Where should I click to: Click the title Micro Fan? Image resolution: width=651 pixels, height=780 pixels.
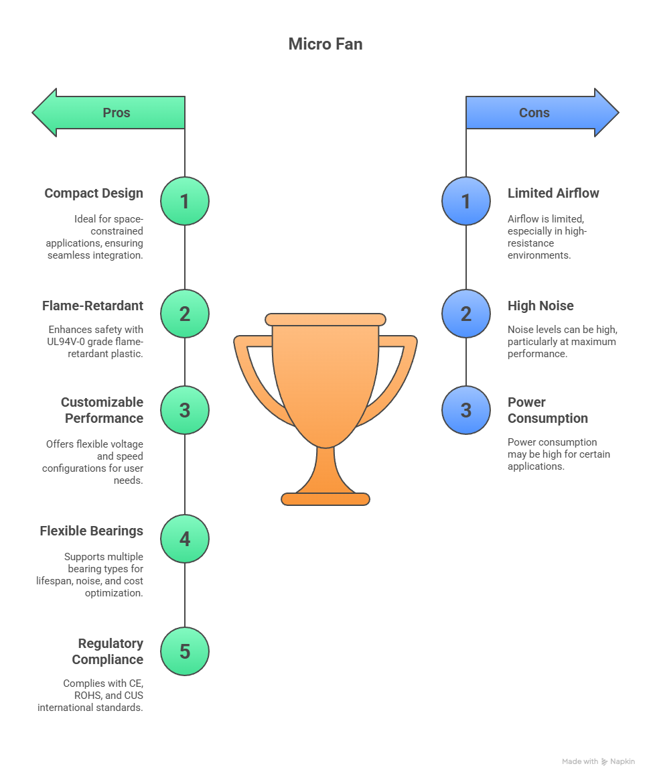pos(325,44)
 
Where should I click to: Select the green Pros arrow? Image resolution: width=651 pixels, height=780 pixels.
pos(109,113)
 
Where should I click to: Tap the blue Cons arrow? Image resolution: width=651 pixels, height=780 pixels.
pos(542,113)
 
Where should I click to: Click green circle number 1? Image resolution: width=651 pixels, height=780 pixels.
pos(185,201)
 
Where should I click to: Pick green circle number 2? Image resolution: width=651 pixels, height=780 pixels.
pos(185,314)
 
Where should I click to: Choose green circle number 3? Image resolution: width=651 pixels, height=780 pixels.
pos(185,410)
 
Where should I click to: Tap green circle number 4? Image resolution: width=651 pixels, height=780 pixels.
pos(185,539)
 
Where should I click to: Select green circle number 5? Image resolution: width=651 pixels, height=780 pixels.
pos(185,651)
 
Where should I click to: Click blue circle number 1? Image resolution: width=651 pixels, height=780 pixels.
pos(466,201)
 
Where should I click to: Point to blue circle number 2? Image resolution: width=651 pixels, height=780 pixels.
pos(466,314)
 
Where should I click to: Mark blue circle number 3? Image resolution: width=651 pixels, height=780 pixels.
pos(466,410)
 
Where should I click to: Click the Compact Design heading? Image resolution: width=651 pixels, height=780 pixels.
pos(94,194)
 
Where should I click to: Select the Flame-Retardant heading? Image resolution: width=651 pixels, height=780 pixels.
pos(92,306)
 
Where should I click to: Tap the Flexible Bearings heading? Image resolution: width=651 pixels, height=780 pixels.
pos(91,531)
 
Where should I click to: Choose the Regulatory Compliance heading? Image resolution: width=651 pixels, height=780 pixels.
pos(107,651)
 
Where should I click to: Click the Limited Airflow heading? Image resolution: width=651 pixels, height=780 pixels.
pos(553,194)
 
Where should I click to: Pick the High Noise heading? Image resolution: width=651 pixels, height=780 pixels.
pos(540,306)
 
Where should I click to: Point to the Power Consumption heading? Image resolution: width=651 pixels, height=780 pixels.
pos(547,410)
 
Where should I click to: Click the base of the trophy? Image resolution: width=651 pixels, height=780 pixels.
pos(325,499)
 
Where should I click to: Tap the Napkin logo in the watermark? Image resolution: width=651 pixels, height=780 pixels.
pos(605,762)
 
